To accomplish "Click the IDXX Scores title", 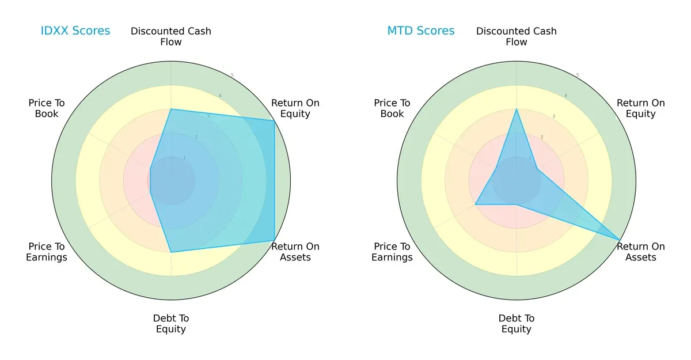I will pos(75,31).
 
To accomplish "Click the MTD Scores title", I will pos(421,31).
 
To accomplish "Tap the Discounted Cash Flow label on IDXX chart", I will pos(171,36).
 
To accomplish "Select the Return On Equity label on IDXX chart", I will pos(295,108).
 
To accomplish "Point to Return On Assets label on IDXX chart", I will pos(295,252).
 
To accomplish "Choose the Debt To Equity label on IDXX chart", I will pos(171,324).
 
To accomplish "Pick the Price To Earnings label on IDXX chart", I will pos(47,252).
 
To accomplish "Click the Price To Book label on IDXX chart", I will pos(47,108).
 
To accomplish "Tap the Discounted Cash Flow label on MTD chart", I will pos(517,36).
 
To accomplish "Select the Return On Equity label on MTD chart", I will pos(641,108).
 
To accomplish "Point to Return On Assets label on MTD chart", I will pos(641,252).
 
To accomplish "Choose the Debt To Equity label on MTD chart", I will pos(517,324).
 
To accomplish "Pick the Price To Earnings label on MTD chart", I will pos(392,252).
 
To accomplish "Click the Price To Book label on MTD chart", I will pos(392,108).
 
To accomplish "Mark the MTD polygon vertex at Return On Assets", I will pos(620,240).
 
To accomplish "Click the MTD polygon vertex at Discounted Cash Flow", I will pos(517,109).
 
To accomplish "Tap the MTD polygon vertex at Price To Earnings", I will pos(475,204).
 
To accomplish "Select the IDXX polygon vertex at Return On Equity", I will pos(274,120).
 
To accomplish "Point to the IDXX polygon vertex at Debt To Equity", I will pos(171,252).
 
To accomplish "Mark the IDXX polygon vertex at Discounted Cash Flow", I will pos(171,109).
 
